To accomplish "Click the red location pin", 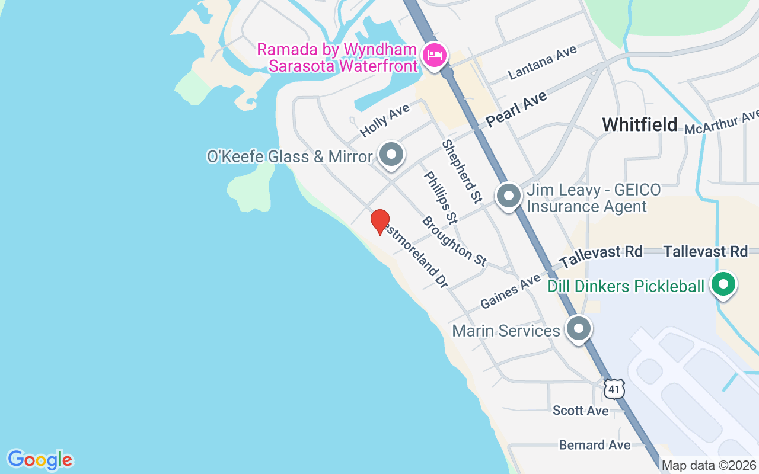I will tap(380, 222).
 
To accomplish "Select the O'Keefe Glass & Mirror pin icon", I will tap(391, 155).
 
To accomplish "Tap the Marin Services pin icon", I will tap(579, 329).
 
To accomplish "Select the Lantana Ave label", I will tap(543, 64).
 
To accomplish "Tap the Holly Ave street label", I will tap(385, 120).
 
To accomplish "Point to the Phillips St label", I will tap(440, 198).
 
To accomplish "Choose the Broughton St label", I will tap(454, 241).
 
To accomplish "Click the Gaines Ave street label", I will tap(511, 291).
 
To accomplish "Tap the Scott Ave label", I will tap(581, 411).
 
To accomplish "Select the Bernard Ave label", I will tap(595, 445).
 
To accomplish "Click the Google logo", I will tap(40, 460).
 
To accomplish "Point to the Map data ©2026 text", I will tap(709, 466).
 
